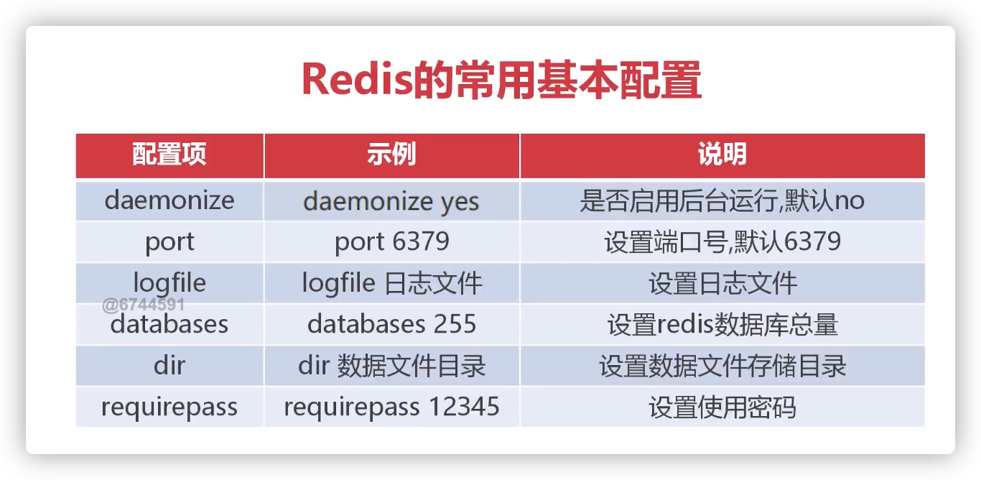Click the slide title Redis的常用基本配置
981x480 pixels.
501,80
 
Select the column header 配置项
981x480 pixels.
169,154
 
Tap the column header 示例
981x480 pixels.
391,154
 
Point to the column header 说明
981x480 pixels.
722,154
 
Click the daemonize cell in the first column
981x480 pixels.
169,200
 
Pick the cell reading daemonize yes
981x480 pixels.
391,201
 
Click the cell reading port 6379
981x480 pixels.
391,242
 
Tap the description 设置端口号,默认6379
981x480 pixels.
722,242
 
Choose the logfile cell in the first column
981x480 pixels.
169,282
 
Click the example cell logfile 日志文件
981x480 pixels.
391,283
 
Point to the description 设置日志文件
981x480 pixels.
722,283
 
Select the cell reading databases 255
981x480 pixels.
391,324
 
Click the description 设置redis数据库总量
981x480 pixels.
722,325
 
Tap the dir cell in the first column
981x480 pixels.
169,365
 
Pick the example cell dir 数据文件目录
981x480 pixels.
391,366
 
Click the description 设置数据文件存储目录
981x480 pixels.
722,366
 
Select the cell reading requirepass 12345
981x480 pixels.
391,407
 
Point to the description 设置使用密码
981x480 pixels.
722,407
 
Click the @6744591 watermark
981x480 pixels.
144,305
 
